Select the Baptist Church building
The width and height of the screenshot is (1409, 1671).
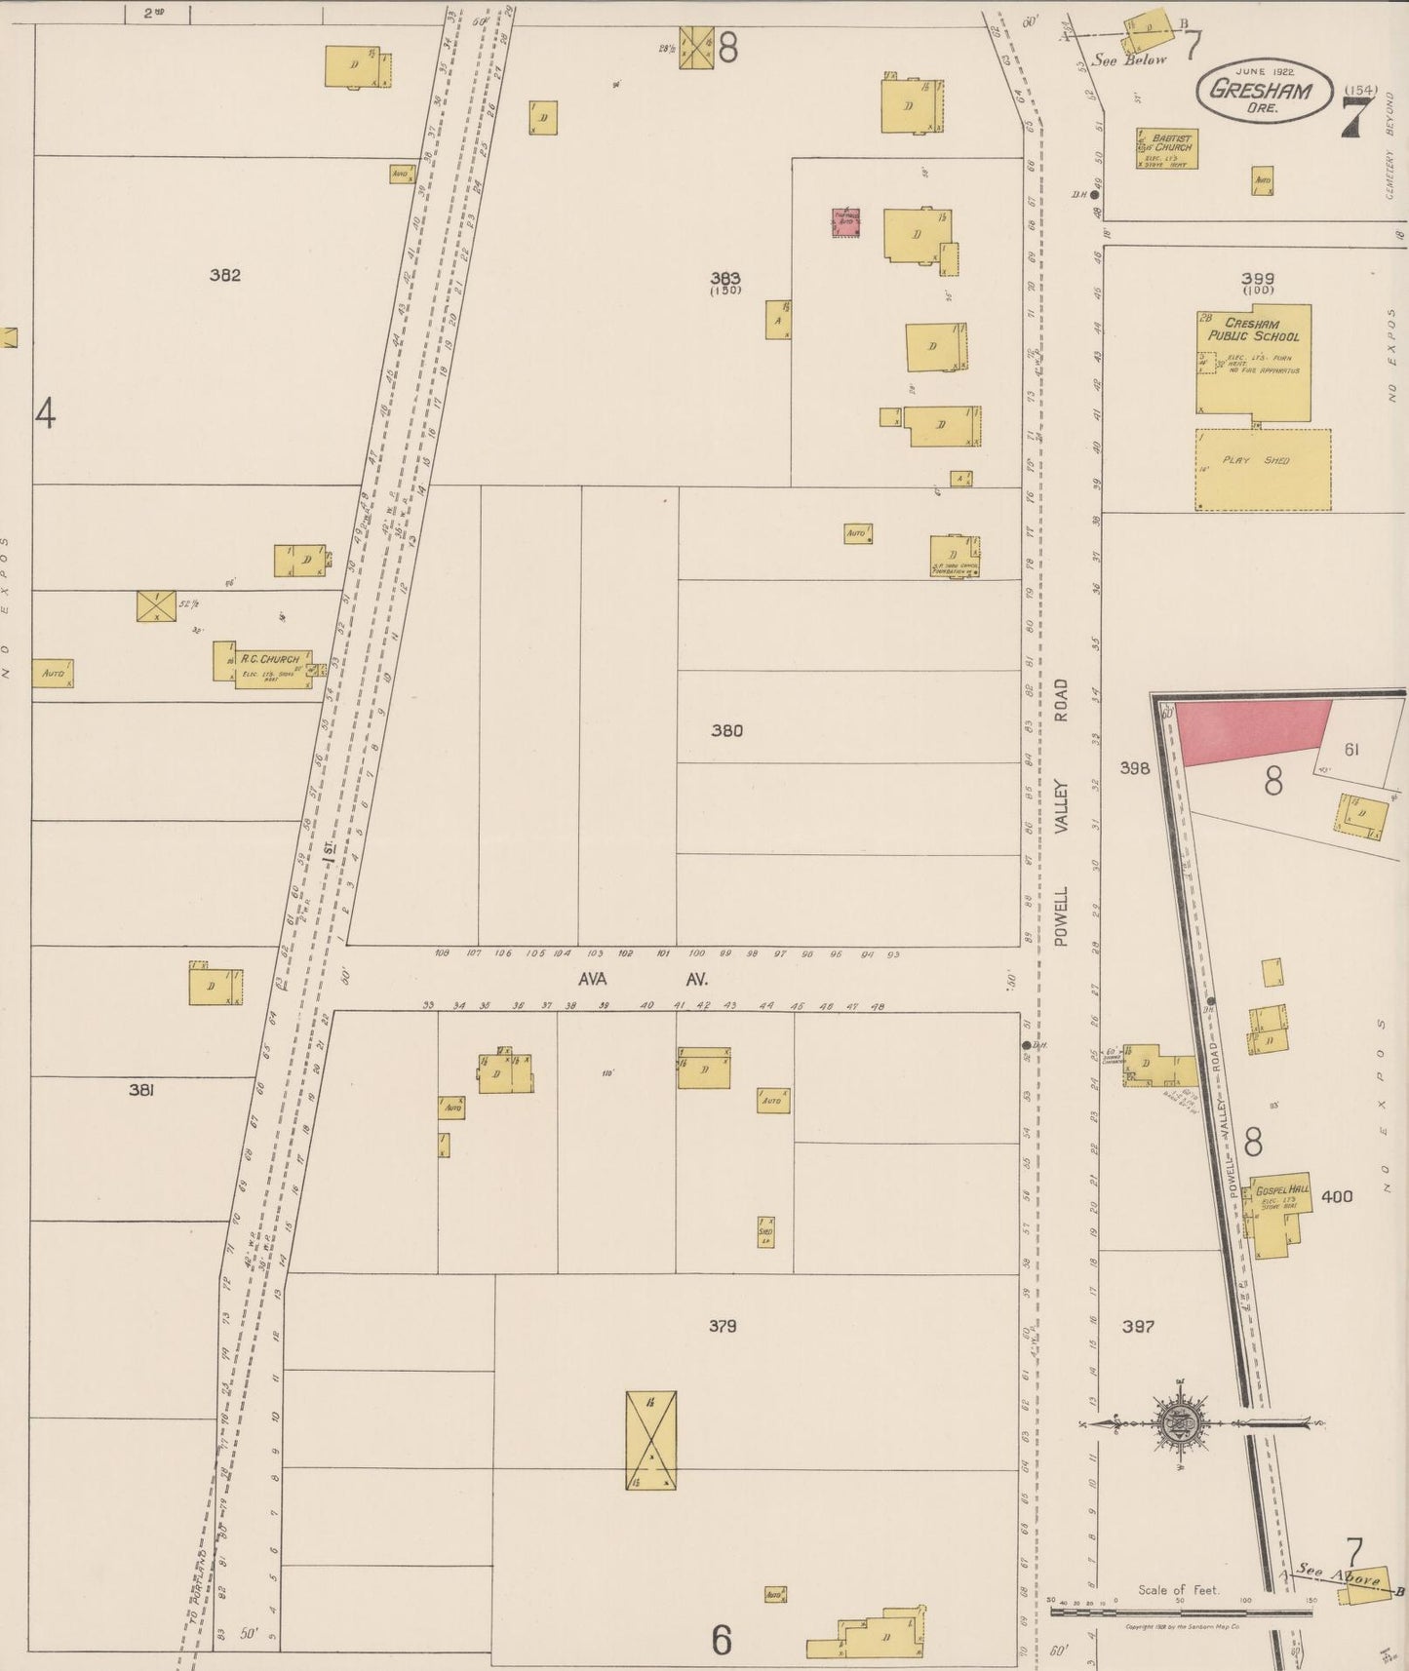pyautogui.click(x=1166, y=149)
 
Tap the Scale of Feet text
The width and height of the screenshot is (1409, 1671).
pyautogui.click(x=1178, y=1590)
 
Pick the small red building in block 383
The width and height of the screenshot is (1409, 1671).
pyautogui.click(x=845, y=222)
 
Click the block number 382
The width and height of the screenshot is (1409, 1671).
pyautogui.click(x=224, y=275)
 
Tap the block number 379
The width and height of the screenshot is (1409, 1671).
pyautogui.click(x=724, y=1326)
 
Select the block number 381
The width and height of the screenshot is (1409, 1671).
pyautogui.click(x=141, y=1091)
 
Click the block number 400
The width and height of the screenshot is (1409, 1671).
pyautogui.click(x=1337, y=1196)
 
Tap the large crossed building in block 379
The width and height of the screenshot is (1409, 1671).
pyautogui.click(x=650, y=1440)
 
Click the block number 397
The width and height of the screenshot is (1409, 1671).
pyautogui.click(x=1138, y=1326)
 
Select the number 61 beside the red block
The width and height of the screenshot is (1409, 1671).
pyautogui.click(x=1350, y=750)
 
